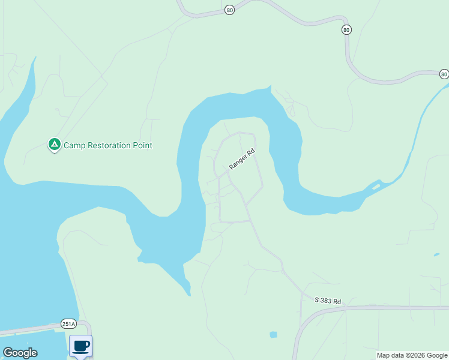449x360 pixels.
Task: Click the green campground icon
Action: tap(54, 145)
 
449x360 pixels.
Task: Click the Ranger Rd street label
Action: tap(242, 159)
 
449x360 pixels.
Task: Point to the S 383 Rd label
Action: tap(328, 301)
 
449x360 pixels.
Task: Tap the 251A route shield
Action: tap(68, 324)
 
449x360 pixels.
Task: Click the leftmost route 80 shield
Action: tap(229, 10)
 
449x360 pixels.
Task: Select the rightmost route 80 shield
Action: tap(443, 74)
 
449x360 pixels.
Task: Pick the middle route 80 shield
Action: tap(346, 29)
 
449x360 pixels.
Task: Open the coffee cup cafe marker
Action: tap(80, 346)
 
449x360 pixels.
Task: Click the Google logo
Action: tap(20, 353)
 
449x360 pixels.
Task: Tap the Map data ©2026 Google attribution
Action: tap(411, 355)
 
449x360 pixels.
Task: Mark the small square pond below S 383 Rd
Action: tap(274, 334)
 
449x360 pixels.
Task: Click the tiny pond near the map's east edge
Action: tap(436, 255)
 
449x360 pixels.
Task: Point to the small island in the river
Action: tap(376, 187)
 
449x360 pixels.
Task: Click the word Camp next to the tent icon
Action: tap(74, 145)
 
